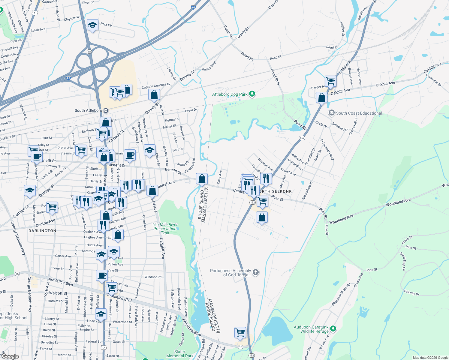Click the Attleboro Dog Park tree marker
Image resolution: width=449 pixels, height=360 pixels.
pyautogui.click(x=252, y=94)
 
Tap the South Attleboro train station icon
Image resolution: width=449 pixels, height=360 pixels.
pyautogui.click(x=106, y=111)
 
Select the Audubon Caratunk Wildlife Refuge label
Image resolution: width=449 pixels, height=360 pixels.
pyautogui.click(x=311, y=329)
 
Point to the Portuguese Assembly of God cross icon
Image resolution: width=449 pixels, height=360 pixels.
pyautogui.click(x=255, y=272)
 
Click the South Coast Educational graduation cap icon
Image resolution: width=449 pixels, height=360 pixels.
pyautogui.click(x=331, y=113)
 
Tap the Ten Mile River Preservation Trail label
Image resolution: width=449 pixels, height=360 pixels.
pyautogui.click(x=165, y=229)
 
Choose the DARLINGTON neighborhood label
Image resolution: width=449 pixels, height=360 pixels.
pyautogui.click(x=42, y=231)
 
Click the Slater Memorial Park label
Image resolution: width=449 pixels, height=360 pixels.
pyautogui.click(x=180, y=354)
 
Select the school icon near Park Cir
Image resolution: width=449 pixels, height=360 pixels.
pyautogui.click(x=92, y=25)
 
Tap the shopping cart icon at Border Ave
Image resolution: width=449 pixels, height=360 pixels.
pyautogui.click(x=330, y=81)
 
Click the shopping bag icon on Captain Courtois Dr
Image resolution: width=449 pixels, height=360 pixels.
pyautogui.click(x=154, y=95)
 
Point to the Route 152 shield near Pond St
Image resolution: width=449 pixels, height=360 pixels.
pyautogui.click(x=302, y=138)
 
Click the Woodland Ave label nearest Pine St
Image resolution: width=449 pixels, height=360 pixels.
pyautogui.click(x=341, y=219)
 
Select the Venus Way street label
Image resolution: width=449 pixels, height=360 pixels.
pyautogui.click(x=209, y=66)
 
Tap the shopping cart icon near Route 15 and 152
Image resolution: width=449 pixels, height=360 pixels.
pyautogui.click(x=240, y=332)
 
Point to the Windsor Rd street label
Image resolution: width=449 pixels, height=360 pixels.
pyautogui.click(x=153, y=277)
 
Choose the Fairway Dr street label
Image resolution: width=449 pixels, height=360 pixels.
pyautogui.click(x=411, y=292)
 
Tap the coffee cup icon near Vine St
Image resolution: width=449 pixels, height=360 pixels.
pyautogui.click(x=102, y=275)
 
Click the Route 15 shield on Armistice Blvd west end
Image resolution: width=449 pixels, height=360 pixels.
pyautogui.click(x=17, y=274)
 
